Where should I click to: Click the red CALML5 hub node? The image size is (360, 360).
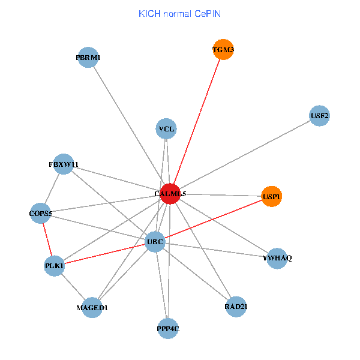170,194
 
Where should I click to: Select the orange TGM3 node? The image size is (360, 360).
223,49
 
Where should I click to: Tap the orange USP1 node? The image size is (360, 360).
272,196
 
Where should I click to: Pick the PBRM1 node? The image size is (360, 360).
88,58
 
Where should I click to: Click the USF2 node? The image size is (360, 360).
320,116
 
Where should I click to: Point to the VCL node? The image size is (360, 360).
166,128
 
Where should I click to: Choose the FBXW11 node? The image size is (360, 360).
64,164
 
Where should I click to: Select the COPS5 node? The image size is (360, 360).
41,213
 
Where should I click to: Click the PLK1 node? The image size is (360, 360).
54,265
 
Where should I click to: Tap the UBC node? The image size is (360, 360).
155,242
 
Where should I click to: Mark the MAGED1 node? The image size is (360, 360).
92,308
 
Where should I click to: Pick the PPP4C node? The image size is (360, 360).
169,328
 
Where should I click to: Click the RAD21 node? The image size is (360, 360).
236,307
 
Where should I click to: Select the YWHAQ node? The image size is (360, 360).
277,258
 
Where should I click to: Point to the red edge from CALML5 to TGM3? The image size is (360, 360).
197,121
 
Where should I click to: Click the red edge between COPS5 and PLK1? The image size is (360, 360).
47,239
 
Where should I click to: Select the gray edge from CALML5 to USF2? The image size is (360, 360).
245,155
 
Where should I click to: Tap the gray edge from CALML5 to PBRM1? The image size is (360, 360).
129,125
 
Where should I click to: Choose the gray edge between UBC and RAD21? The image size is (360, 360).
196,274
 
